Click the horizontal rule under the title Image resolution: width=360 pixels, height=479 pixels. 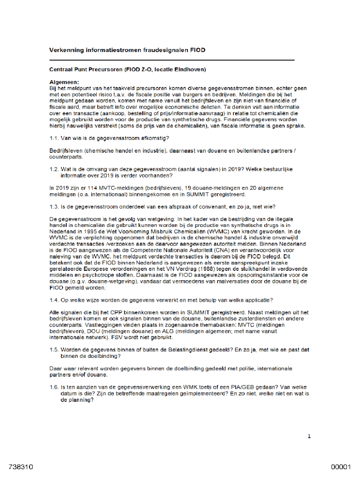172,60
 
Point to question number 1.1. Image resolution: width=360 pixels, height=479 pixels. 54,138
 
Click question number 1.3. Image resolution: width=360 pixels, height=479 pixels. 54,207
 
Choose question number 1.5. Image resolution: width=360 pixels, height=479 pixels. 54,349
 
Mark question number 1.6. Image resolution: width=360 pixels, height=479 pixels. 54,387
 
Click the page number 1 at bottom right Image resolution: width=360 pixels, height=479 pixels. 309,436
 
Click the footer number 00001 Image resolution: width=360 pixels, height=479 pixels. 341,467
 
